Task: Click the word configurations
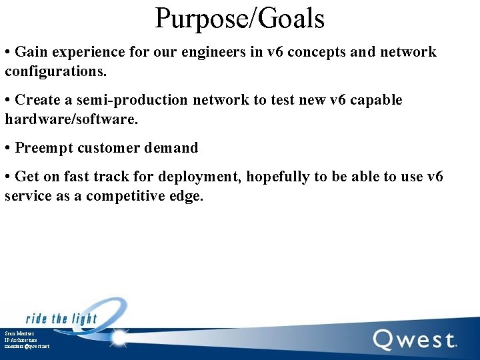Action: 56,71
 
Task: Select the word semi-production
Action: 133,100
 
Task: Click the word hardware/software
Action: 71,119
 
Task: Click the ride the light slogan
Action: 61,318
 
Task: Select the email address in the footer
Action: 27,346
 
